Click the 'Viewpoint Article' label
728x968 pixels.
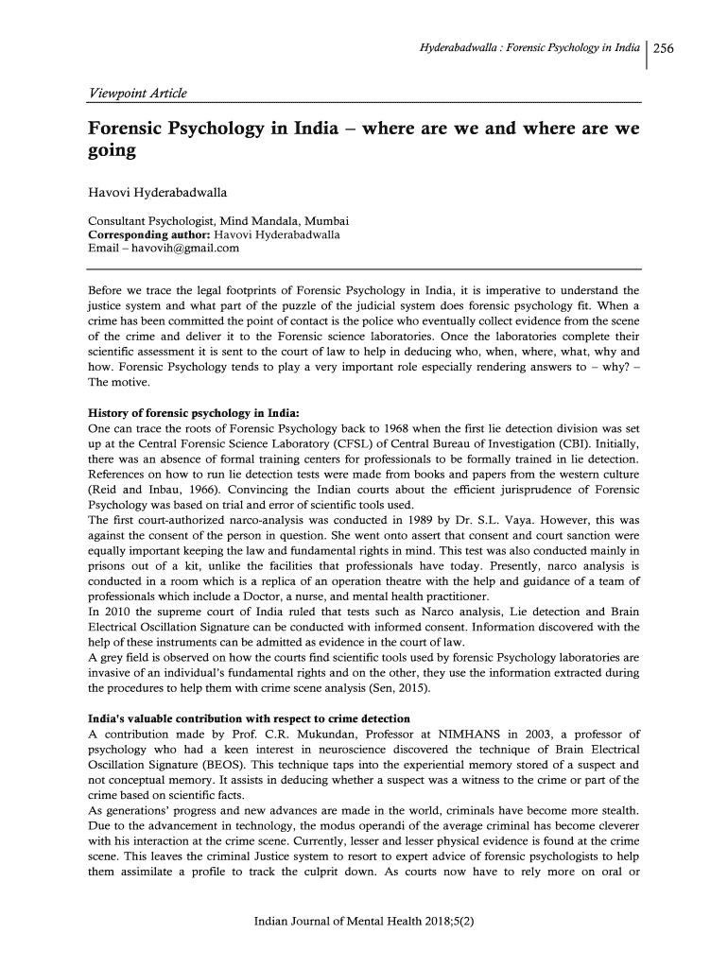(x=138, y=93)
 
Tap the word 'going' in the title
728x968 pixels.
(x=113, y=151)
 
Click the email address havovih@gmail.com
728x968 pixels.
(x=185, y=249)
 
